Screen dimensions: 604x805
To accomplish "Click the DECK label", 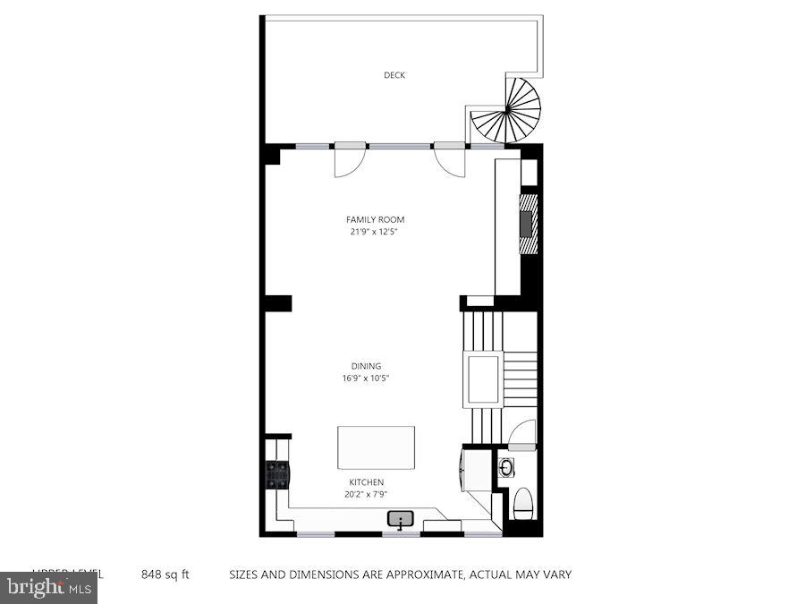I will tap(394, 75).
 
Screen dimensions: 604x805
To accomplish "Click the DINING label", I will tap(366, 366).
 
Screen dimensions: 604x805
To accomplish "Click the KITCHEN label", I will tap(367, 482).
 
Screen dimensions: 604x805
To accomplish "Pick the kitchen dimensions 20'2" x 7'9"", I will tap(367, 493).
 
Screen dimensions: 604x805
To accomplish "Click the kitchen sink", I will tap(400, 518).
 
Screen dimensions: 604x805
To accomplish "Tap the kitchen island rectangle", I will tap(376, 447).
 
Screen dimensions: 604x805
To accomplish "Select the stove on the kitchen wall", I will tap(276, 473).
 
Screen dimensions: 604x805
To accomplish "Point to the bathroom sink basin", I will tap(506, 467).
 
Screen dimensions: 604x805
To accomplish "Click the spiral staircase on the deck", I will tap(507, 111).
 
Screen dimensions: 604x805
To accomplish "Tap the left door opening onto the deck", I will tap(348, 160).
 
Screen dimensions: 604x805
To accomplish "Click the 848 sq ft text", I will tap(165, 574).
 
